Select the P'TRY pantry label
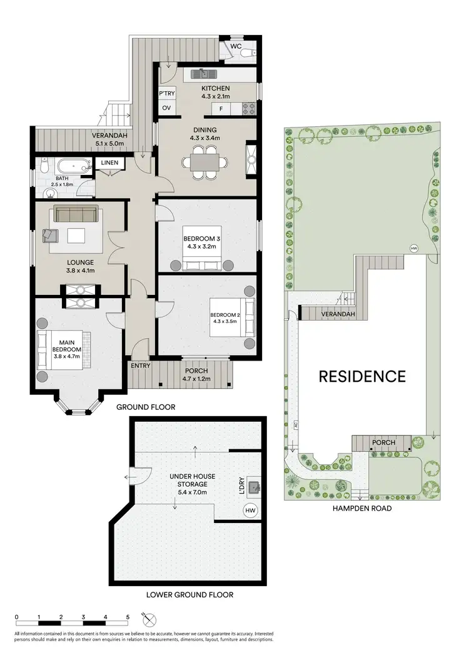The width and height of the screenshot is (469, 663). (x=167, y=94)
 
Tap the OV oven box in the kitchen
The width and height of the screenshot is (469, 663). (x=167, y=108)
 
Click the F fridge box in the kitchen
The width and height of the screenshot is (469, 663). (x=221, y=109)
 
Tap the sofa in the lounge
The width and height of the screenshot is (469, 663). (x=74, y=214)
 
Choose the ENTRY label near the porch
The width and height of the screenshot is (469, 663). (x=141, y=366)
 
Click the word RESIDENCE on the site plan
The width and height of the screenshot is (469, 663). (x=362, y=376)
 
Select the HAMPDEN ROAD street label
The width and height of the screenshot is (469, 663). (x=363, y=508)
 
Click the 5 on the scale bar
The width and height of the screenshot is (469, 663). (x=128, y=617)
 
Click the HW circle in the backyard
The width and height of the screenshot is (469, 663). (x=413, y=249)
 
